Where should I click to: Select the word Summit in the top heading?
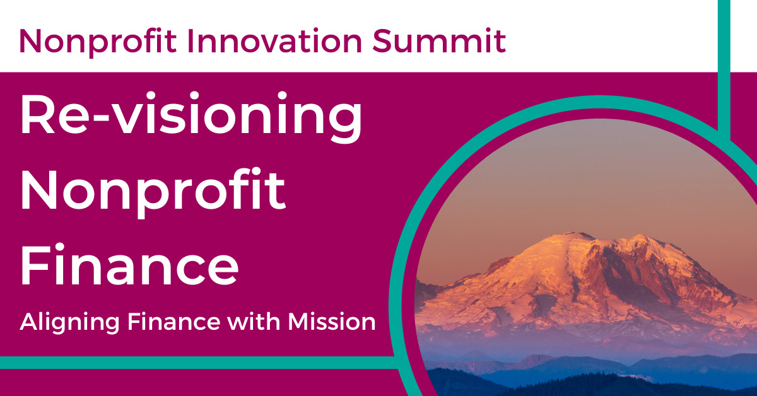[x=440, y=41]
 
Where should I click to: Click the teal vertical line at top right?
[x=725, y=63]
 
